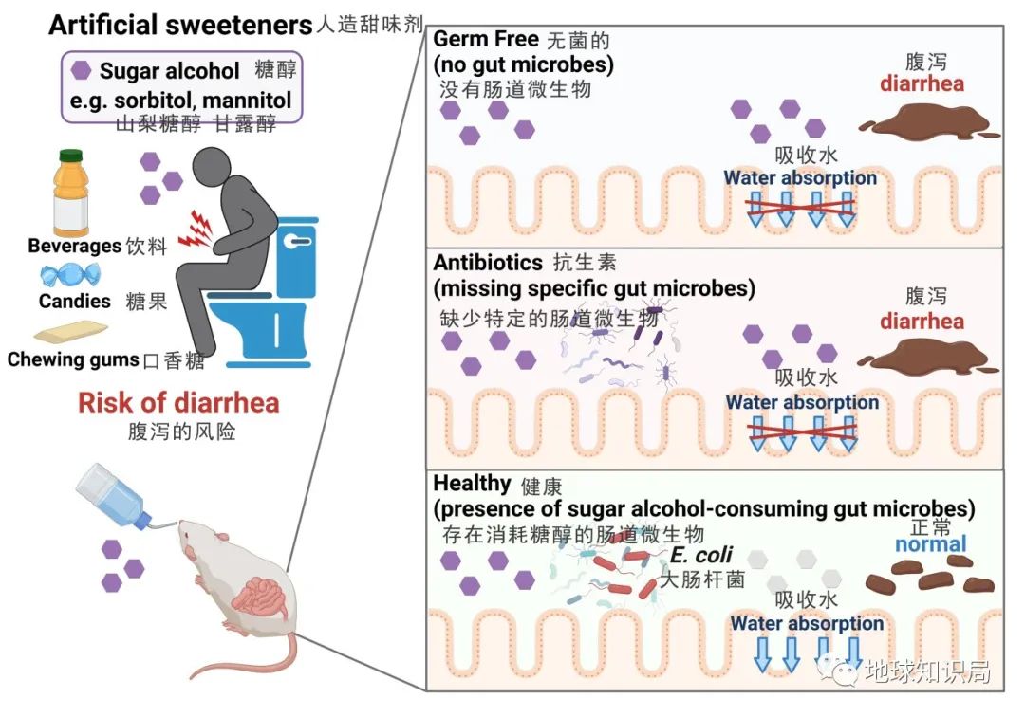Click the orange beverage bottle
73,194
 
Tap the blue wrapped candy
68,276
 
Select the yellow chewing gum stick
70,332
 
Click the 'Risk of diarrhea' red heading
178,402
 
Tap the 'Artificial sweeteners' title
180,25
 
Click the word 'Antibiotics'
488,263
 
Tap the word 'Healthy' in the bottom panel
472,484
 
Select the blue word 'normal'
930,543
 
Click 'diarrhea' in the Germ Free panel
921,83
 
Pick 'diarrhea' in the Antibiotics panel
921,321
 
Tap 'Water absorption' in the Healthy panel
807,623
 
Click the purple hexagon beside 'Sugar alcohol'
83,71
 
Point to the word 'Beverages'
75,247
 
